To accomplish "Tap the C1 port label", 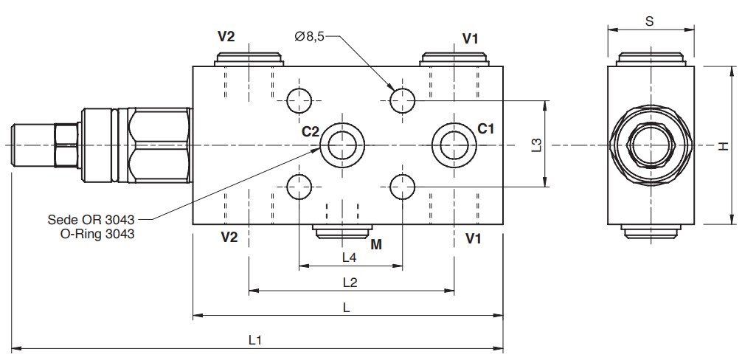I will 486,128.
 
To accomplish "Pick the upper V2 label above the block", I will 226,38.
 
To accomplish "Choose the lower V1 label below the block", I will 474,238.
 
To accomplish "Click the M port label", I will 376,244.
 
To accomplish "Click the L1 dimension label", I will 255,340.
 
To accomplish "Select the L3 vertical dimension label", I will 537,145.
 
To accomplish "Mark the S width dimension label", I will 649,21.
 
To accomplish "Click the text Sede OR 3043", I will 91,220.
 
